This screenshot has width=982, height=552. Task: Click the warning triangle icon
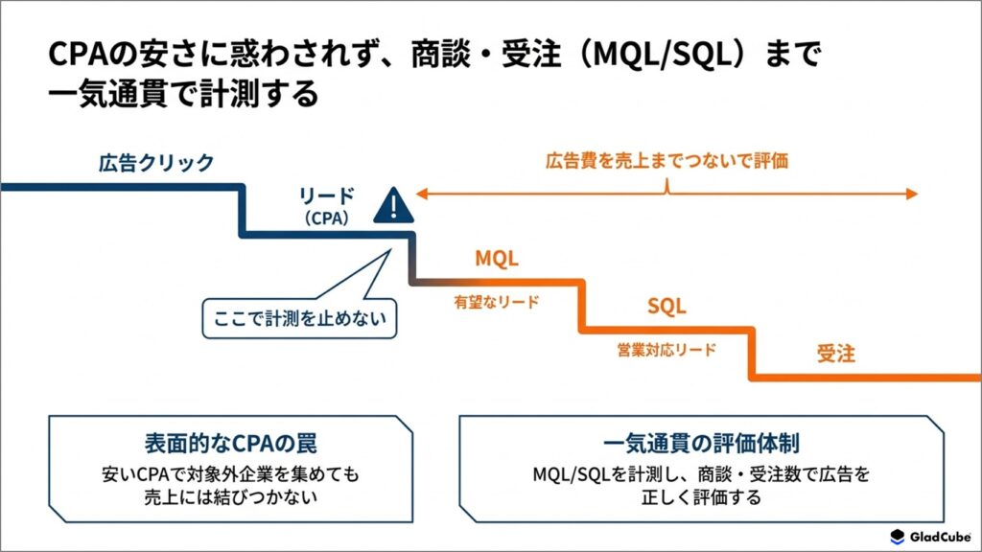(x=393, y=206)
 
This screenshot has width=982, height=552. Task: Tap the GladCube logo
(x=930, y=537)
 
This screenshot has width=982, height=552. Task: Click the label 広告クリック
(x=156, y=163)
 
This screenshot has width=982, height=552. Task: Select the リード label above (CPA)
(x=326, y=195)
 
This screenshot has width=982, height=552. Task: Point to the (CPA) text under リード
(x=326, y=218)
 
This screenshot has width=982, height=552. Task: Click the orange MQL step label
(x=497, y=258)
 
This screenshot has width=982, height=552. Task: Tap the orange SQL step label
(x=666, y=306)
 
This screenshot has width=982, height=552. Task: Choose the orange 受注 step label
(x=835, y=354)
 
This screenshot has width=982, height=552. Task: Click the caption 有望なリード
(x=497, y=302)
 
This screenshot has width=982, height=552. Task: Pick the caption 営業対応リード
(x=666, y=350)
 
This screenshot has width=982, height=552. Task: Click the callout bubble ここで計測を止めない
(x=299, y=318)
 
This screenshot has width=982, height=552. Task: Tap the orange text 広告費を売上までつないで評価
(x=667, y=161)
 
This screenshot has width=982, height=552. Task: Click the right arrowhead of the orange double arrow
(x=912, y=194)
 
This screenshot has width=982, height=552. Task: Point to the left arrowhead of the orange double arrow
(x=422, y=194)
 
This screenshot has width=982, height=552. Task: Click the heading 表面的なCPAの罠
(x=230, y=443)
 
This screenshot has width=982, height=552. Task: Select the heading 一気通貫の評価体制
(x=701, y=443)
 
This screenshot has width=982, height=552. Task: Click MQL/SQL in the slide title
(x=662, y=54)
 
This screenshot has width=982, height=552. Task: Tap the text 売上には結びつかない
(x=230, y=497)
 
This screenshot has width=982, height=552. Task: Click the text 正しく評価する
(x=701, y=497)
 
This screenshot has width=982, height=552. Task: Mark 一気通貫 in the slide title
(x=107, y=93)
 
